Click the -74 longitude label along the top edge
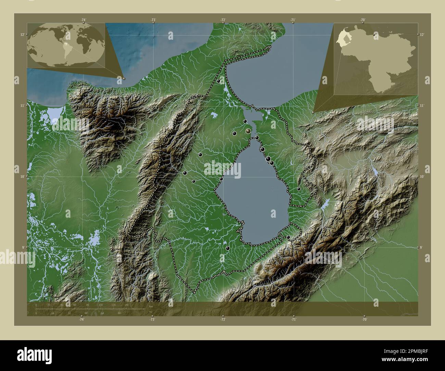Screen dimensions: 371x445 tap(84, 20)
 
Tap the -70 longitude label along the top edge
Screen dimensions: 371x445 tap(363, 20)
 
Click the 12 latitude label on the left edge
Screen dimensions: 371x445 tap(22, 34)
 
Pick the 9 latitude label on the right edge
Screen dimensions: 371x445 tap(422, 247)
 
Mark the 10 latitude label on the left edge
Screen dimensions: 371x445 tap(22, 177)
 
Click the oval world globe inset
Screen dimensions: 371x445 tap(66, 44)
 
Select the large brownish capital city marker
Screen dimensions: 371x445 tap(248, 131)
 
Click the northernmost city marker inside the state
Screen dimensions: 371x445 tap(218, 81)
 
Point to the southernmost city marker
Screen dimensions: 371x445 tap(228, 248)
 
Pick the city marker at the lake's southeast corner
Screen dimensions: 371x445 tap(288, 237)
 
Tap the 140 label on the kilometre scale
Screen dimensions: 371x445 tap(126, 305)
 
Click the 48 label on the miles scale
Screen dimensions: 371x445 tap(86, 313)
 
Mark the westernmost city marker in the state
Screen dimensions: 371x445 tap(185, 173)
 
